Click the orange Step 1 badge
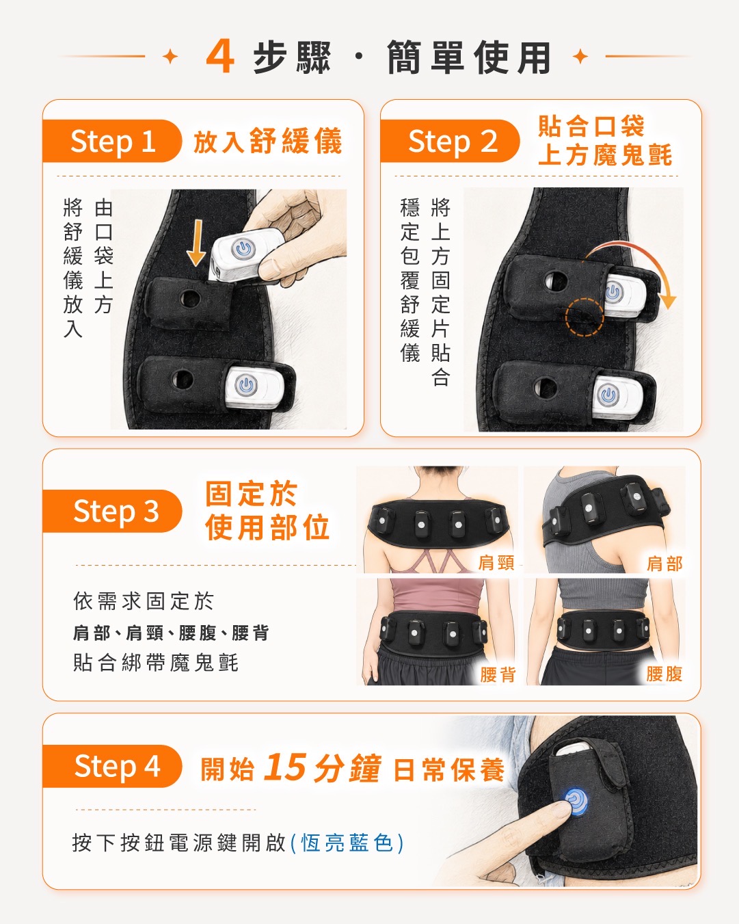[111, 141]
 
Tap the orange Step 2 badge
[449, 141]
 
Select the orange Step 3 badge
[111, 511]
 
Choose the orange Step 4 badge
[111, 766]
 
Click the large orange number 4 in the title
[220, 57]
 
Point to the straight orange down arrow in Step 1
[197, 243]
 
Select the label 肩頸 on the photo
[496, 562]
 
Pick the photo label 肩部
[664, 564]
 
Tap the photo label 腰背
[498, 674]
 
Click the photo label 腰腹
[664, 674]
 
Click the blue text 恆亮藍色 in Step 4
[347, 843]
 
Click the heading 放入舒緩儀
[268, 141]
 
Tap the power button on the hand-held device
[243, 248]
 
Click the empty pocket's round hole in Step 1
[189, 298]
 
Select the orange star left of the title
[171, 56]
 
